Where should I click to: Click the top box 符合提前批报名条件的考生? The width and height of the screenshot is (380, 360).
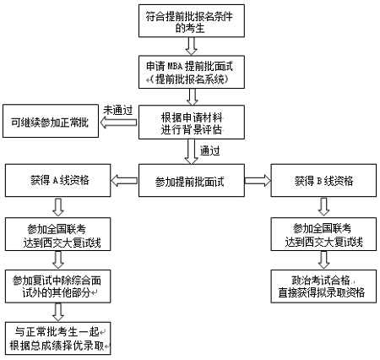(x=190, y=23)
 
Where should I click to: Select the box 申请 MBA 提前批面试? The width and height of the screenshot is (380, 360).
(x=190, y=74)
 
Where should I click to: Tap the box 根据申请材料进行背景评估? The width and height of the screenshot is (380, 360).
(x=191, y=123)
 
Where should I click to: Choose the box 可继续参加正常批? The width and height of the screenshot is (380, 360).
(x=50, y=123)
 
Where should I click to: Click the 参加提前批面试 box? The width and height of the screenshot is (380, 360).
(x=191, y=181)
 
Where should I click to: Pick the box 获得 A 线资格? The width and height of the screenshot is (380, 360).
(x=58, y=181)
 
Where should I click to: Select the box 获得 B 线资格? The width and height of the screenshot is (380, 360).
(x=324, y=181)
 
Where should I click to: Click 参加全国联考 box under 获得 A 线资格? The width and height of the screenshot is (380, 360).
(x=58, y=233)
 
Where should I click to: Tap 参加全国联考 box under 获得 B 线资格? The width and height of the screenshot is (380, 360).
(x=324, y=233)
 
